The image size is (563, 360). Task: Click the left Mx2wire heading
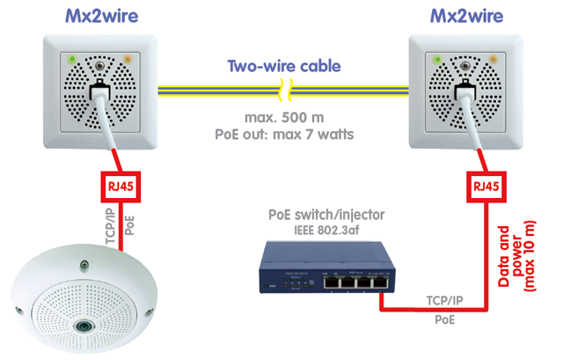(102, 16)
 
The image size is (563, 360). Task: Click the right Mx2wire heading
(467, 16)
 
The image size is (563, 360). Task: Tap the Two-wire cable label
(284, 66)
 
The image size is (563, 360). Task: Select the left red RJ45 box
(121, 187)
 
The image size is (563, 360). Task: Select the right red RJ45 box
(486, 187)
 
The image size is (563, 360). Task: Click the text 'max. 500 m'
(284, 117)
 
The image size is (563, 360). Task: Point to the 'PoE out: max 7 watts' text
(284, 135)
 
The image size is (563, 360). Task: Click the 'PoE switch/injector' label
(326, 215)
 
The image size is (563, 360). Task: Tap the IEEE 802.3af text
(326, 230)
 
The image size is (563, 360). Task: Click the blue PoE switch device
(327, 268)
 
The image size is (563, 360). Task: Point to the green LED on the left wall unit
(73, 59)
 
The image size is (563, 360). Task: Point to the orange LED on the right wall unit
(494, 59)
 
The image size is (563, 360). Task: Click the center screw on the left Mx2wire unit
(99, 66)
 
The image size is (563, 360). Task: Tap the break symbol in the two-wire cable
(285, 90)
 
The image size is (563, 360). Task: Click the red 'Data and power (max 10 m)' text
(516, 256)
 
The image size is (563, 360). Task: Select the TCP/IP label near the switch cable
(444, 300)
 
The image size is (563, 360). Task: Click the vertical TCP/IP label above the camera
(112, 226)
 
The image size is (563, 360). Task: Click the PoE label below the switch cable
(444, 320)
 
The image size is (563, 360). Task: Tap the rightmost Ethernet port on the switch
(381, 283)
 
